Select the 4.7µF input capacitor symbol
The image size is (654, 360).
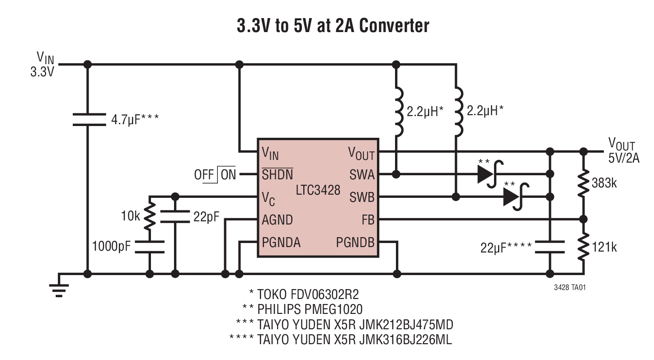pos(88,119)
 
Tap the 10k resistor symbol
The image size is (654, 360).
pos(150,215)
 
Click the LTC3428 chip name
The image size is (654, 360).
pos(318,190)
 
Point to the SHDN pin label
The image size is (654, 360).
pos(277,174)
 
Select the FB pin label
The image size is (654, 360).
pos(368,220)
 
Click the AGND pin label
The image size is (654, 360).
pos(277,220)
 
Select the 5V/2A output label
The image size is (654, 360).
pos(624,158)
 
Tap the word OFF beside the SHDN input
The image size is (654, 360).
pos(204,174)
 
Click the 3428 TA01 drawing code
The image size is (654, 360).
pos(570,287)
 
